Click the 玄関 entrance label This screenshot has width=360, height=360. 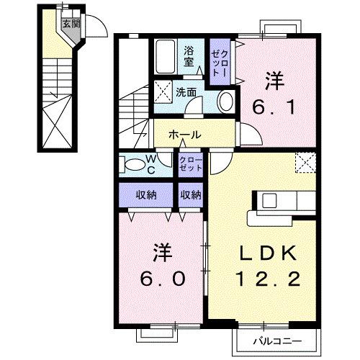click(70, 23)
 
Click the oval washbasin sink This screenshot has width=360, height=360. click(225, 100)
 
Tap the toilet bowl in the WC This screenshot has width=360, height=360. click(135, 164)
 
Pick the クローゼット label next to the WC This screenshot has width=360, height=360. click(191, 163)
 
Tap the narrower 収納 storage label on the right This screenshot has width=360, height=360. click(191, 194)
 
